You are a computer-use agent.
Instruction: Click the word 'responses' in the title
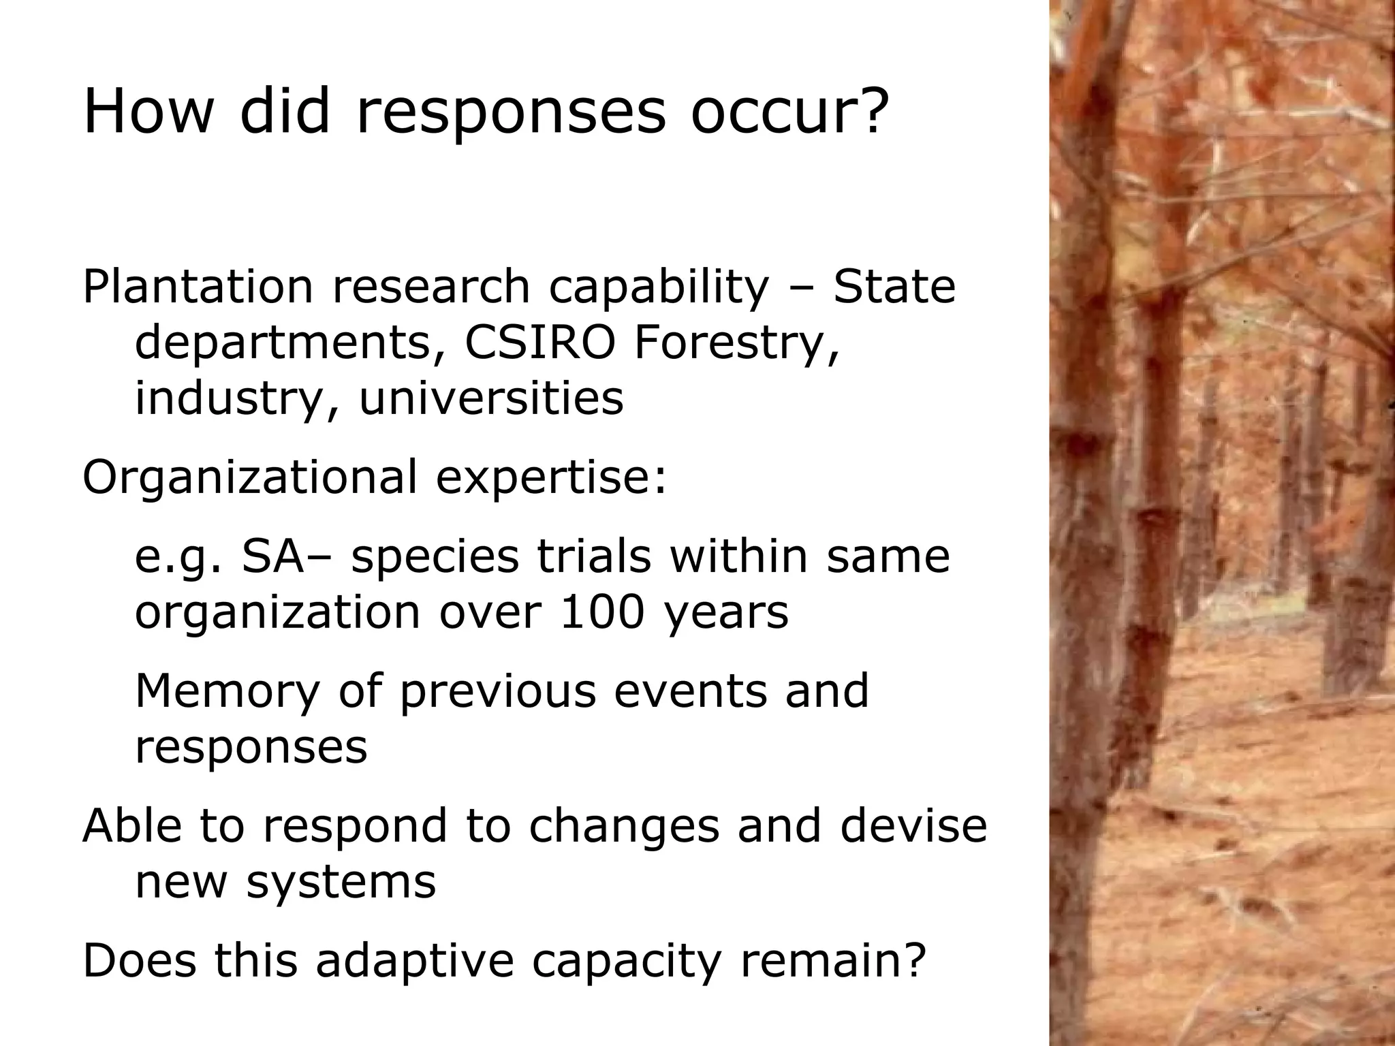point(510,112)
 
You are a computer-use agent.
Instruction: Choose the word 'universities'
point(490,398)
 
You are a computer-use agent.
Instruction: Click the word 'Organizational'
point(249,477)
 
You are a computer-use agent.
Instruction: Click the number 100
point(601,612)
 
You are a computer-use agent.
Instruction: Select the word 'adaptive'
point(413,961)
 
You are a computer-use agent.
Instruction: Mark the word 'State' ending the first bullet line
point(894,287)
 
